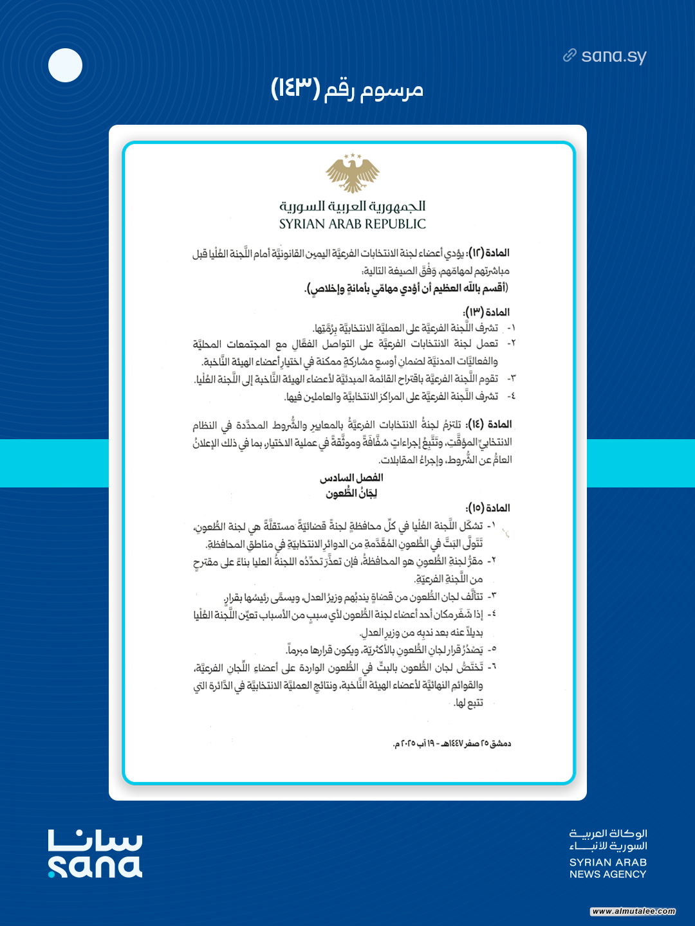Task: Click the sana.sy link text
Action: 613,56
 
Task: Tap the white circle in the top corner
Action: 66,66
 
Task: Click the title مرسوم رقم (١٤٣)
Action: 347,88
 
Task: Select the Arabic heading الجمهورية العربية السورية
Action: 353,206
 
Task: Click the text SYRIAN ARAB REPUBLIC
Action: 353,224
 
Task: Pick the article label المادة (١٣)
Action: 486,312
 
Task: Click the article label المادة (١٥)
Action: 488,508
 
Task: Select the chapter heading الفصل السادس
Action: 351,478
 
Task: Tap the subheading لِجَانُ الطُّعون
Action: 351,493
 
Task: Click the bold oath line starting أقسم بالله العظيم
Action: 406,287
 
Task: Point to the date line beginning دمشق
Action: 452,743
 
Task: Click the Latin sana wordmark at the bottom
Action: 95,866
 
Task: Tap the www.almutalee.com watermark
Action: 633,911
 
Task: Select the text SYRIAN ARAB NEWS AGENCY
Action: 608,868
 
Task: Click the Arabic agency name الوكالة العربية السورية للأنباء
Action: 608,840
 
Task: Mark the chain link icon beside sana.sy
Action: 570,55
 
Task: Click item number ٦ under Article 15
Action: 492,667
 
